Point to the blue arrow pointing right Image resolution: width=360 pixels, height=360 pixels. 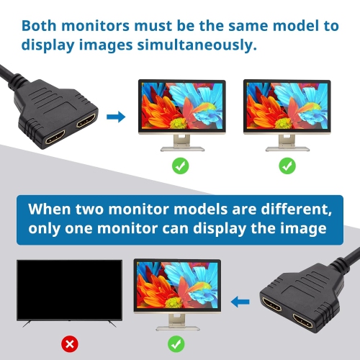tap(114, 116)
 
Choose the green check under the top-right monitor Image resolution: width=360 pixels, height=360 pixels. tap(287, 166)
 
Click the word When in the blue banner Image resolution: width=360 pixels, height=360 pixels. tap(55, 210)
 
